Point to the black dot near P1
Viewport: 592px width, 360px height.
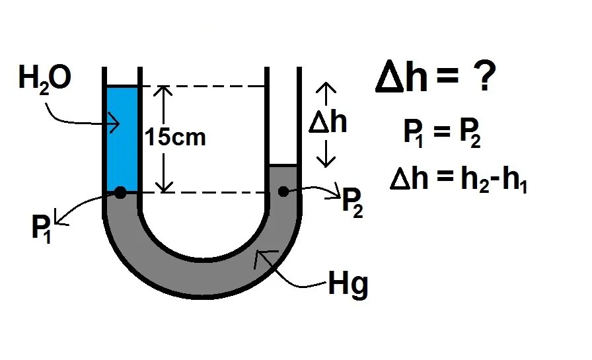click(x=120, y=192)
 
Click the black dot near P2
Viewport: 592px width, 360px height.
click(x=283, y=192)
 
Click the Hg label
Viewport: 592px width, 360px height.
click(x=348, y=287)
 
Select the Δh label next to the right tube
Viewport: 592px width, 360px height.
click(x=328, y=123)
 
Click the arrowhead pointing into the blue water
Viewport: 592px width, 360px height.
click(x=116, y=123)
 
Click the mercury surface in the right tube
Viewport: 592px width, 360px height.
click(x=284, y=166)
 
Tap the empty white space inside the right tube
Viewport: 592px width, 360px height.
click(x=284, y=119)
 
